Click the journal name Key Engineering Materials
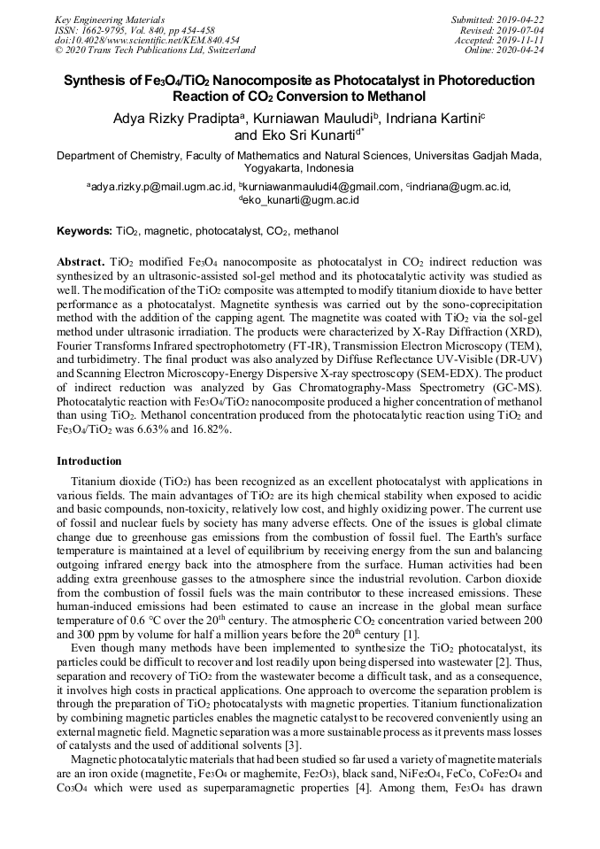coord(109,19)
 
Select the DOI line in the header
coord(147,40)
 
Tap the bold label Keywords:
coord(84,231)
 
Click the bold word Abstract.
coord(81,263)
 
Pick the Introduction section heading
coord(89,461)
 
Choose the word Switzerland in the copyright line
coord(229,50)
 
